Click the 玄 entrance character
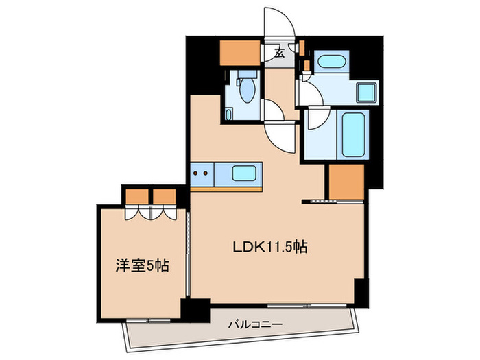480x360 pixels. [x=280, y=51]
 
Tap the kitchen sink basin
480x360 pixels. [x=245, y=173]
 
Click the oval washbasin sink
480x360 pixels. [x=331, y=62]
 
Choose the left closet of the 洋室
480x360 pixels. [x=137, y=196]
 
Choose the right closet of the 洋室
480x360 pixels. [x=165, y=196]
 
